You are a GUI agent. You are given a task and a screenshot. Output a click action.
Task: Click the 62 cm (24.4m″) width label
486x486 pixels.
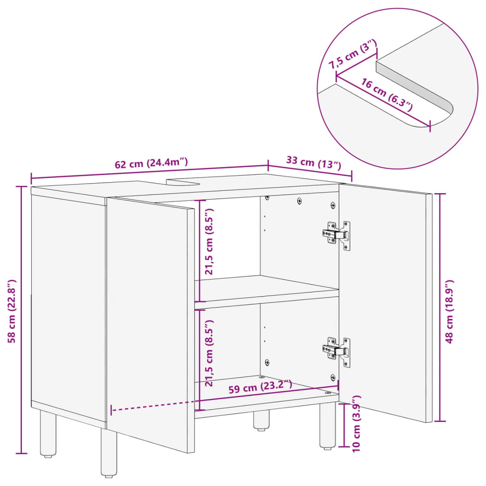pyautogui.click(x=151, y=163)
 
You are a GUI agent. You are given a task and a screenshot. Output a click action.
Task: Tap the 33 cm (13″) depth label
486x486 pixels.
pyautogui.click(x=314, y=162)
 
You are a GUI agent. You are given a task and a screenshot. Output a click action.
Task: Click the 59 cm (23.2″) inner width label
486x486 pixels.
pyautogui.click(x=261, y=386)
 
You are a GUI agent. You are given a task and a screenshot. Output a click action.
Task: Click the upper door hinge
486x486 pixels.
pyautogui.click(x=337, y=234)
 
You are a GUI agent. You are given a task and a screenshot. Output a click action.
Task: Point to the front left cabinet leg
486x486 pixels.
pyautogui.click(x=109, y=453)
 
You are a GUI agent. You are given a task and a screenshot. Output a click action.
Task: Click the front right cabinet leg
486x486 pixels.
pyautogui.click(x=327, y=425)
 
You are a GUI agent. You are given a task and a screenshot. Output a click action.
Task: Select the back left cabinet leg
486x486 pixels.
pyautogui.click(x=47, y=434)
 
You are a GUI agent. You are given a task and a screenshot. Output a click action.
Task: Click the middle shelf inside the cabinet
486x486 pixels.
pyautogui.click(x=266, y=290)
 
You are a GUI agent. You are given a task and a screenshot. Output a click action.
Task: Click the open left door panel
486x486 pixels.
pyautogui.click(x=150, y=323)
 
